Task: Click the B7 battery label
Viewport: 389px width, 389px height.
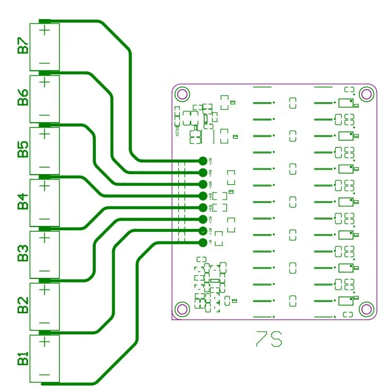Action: click(23, 46)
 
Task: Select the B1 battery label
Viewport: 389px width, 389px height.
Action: click(23, 358)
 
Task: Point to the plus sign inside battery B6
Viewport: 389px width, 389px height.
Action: click(44, 82)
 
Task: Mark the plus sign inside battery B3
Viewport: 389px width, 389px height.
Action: click(44, 238)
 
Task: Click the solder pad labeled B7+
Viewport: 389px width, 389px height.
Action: click(203, 160)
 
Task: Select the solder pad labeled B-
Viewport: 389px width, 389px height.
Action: click(203, 243)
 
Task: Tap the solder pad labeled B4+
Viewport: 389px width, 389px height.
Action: click(203, 196)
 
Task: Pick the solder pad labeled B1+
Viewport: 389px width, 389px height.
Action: click(203, 231)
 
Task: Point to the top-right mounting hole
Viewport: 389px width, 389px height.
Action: click(365, 94)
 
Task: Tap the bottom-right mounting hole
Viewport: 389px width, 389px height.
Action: click(365, 308)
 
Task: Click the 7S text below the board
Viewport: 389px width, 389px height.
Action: click(269, 339)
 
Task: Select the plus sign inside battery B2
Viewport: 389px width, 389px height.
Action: click(44, 290)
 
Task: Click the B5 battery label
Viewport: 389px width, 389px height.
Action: click(23, 150)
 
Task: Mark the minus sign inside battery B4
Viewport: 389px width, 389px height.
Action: click(44, 219)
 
